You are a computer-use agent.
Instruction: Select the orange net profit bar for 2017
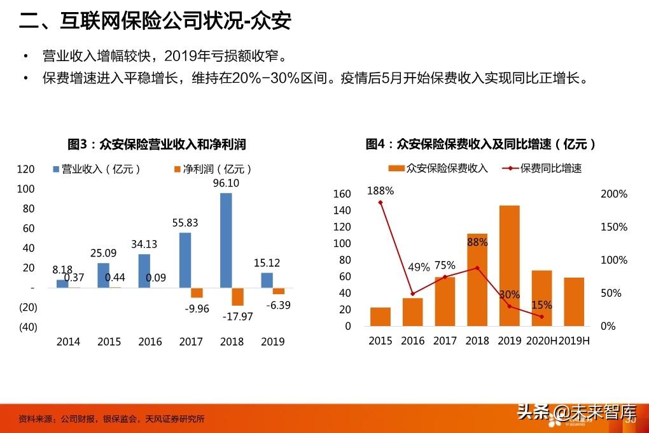[197, 293]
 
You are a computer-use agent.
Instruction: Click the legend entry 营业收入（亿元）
[97, 169]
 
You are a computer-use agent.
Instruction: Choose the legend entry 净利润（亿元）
[213, 169]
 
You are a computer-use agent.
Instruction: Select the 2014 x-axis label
[68, 342]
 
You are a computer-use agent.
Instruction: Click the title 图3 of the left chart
[157, 145]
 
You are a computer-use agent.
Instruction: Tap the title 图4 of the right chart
[481, 145]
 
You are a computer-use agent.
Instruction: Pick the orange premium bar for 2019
[509, 266]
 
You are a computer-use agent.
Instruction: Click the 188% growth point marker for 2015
[380, 202]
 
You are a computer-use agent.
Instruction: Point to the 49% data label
[419, 267]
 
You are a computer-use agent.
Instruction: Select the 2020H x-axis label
[541, 341]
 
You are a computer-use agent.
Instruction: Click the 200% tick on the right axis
[614, 194]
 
